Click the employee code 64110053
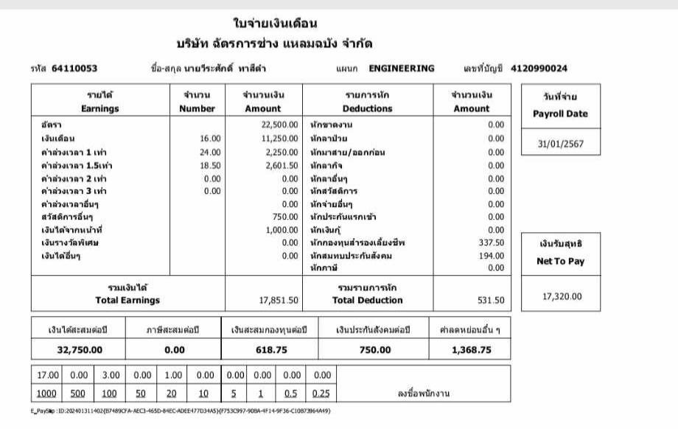click(74, 69)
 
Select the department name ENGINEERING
click(401, 69)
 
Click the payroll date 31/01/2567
click(562, 144)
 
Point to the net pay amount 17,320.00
click(562, 296)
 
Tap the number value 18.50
click(210, 165)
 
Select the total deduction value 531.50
click(490, 301)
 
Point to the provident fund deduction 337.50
click(492, 243)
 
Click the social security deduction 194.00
click(492, 256)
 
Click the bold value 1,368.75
click(471, 350)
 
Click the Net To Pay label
click(562, 262)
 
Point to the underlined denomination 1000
click(46, 393)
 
